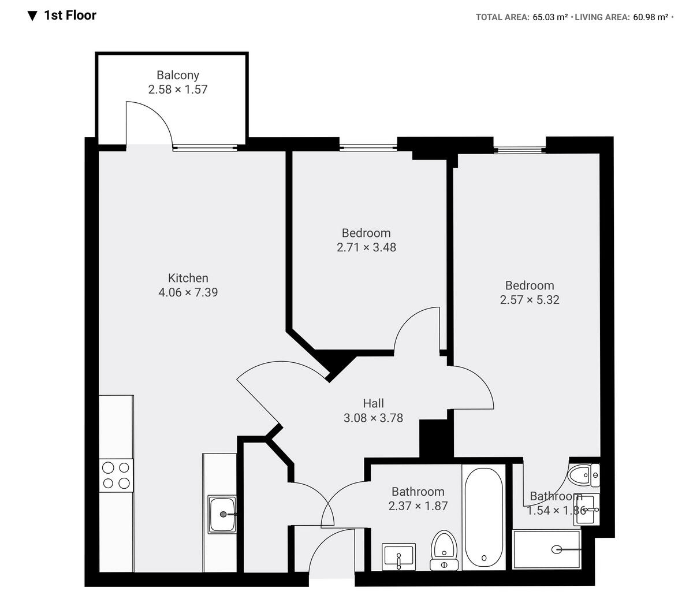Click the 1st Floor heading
pyautogui.click(x=70, y=16)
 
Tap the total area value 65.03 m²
pyautogui.click(x=550, y=17)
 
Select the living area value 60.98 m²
pyautogui.click(x=651, y=17)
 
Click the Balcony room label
pyautogui.click(x=178, y=75)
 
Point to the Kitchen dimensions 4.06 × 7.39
pyautogui.click(x=188, y=292)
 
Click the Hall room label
pyautogui.click(x=373, y=403)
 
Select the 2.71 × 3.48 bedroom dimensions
pyautogui.click(x=366, y=247)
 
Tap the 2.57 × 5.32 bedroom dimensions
pyautogui.click(x=530, y=300)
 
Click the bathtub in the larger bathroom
pyautogui.click(x=483, y=518)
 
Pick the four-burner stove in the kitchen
pyautogui.click(x=116, y=475)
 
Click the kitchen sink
pyautogui.click(x=222, y=514)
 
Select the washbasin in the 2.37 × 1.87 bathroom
pyautogui.click(x=399, y=557)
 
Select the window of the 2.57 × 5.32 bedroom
pyautogui.click(x=520, y=150)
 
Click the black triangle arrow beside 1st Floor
pyautogui.click(x=32, y=16)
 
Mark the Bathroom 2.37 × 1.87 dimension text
pyautogui.click(x=418, y=506)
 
